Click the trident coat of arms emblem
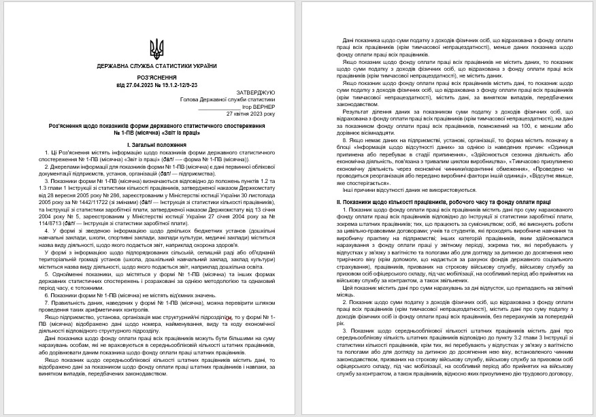[156, 48]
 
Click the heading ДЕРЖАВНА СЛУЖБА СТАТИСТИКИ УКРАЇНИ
[156, 66]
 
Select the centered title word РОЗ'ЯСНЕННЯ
[156, 78]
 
